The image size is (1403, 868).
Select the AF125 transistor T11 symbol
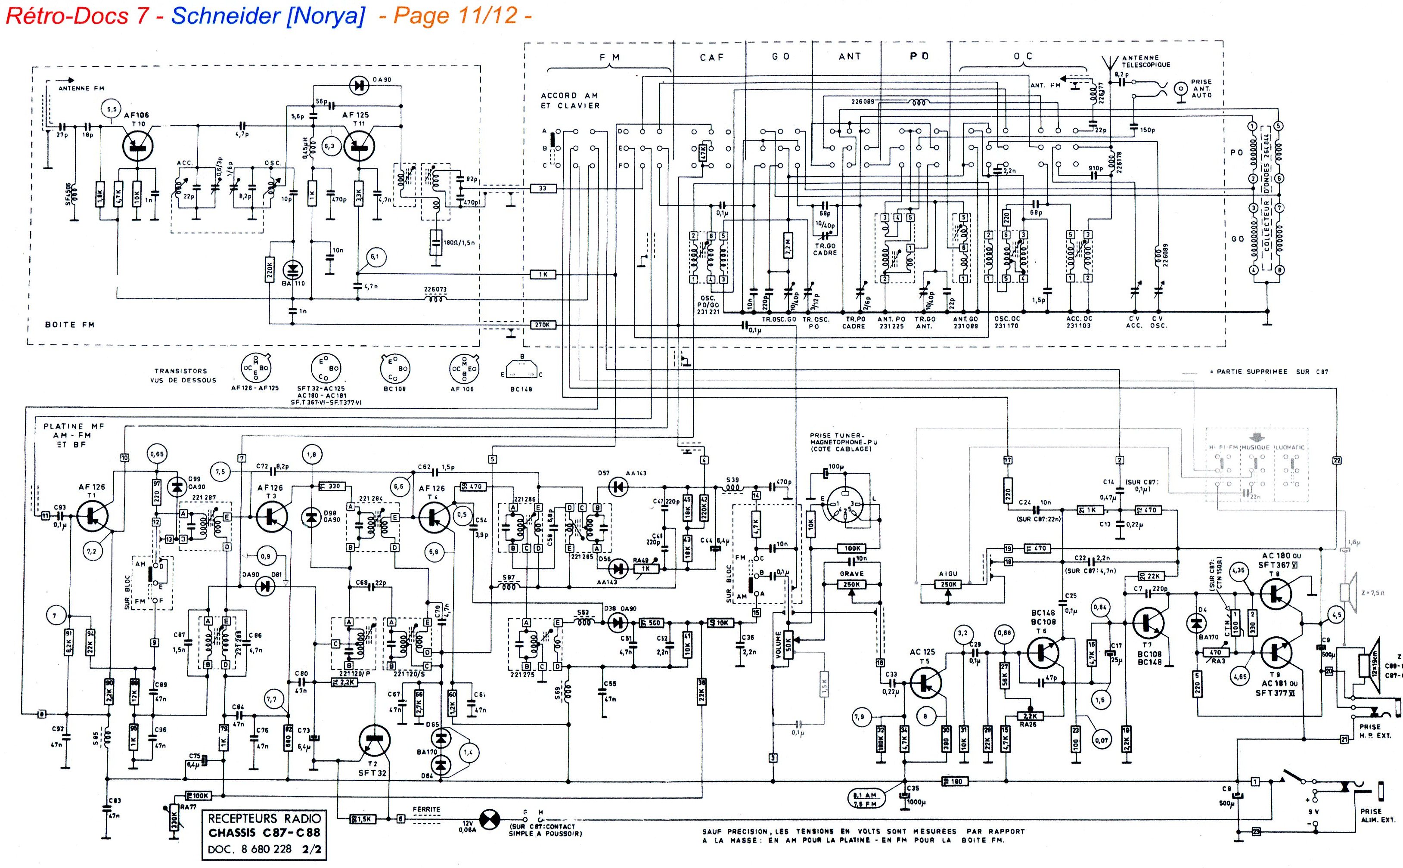[359, 146]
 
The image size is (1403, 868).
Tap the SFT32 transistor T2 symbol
[374, 741]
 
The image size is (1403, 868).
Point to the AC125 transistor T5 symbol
[925, 682]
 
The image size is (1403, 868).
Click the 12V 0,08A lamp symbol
[489, 819]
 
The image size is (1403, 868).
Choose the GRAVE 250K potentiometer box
[851, 584]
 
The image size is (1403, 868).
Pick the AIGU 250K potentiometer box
[948, 584]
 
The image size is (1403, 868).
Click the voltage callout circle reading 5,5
[111, 108]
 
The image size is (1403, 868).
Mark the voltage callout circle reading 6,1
[374, 257]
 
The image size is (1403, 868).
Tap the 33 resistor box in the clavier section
[543, 188]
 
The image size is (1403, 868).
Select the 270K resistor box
[543, 325]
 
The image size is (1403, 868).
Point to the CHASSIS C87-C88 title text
[264, 832]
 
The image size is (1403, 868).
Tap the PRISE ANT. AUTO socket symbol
[1181, 89]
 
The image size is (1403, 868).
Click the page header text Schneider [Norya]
[267, 15]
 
